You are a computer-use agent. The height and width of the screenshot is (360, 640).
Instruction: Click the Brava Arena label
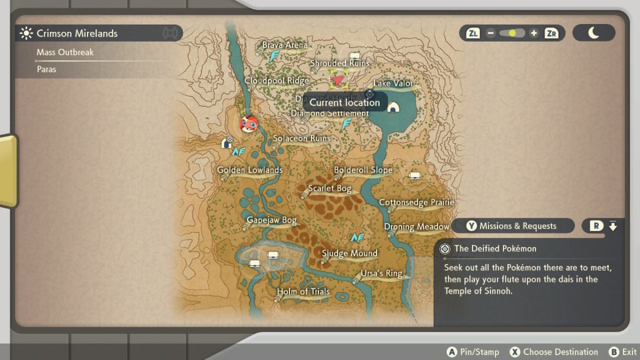(x=285, y=45)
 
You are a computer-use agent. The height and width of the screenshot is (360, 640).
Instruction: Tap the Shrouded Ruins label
(x=340, y=63)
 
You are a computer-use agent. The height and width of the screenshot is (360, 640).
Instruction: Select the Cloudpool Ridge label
(x=276, y=81)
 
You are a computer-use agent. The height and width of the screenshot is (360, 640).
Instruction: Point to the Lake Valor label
(x=393, y=83)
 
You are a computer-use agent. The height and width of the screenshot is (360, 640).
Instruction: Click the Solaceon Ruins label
(x=301, y=138)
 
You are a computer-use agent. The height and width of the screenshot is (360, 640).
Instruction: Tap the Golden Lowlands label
(x=250, y=170)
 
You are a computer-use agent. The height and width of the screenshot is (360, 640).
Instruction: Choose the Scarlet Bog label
(x=329, y=188)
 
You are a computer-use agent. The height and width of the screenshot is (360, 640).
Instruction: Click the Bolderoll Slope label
(x=363, y=170)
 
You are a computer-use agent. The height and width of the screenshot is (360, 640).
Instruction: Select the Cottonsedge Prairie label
(x=416, y=203)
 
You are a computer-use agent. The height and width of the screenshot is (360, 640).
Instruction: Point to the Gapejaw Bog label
(x=271, y=220)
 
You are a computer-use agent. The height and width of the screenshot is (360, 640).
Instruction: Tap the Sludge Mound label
(x=349, y=253)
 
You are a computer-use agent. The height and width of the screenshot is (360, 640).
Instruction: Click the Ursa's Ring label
(x=381, y=274)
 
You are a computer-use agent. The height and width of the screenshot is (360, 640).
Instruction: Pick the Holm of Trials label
(x=303, y=292)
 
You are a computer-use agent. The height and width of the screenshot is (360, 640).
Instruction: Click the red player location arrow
(x=338, y=80)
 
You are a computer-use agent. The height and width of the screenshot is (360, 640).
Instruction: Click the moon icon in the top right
(x=594, y=33)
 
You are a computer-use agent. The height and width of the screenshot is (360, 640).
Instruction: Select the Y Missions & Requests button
(x=512, y=226)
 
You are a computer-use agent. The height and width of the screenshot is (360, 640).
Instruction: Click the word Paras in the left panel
(x=46, y=69)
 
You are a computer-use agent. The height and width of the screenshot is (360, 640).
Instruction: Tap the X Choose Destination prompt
(x=554, y=352)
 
